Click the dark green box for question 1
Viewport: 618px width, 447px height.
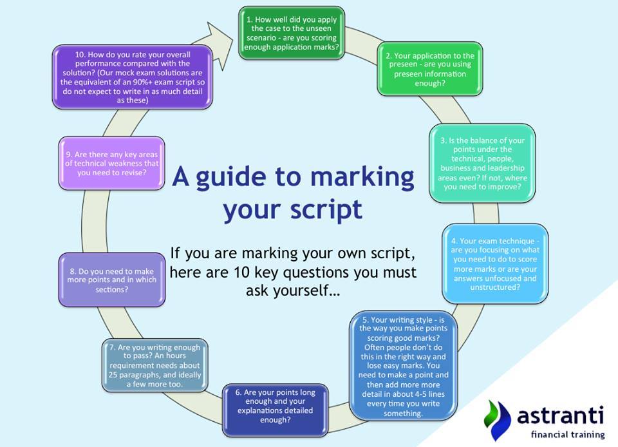click(x=292, y=33)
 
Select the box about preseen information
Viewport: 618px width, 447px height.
click(x=430, y=69)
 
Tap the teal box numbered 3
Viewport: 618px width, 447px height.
click(x=482, y=163)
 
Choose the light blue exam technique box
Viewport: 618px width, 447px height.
click(x=495, y=263)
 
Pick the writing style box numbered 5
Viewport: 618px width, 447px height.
click(x=403, y=366)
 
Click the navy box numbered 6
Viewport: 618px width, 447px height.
click(x=275, y=410)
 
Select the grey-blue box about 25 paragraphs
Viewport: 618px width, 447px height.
click(x=155, y=365)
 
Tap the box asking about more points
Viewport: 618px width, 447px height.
click(x=111, y=280)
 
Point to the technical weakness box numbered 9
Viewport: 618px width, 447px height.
click(x=111, y=163)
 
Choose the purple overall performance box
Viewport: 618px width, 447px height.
click(x=133, y=77)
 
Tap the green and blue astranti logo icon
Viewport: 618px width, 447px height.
click(x=497, y=420)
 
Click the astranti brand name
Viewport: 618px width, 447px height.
click(x=560, y=415)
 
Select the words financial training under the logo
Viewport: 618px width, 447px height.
click(x=568, y=435)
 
